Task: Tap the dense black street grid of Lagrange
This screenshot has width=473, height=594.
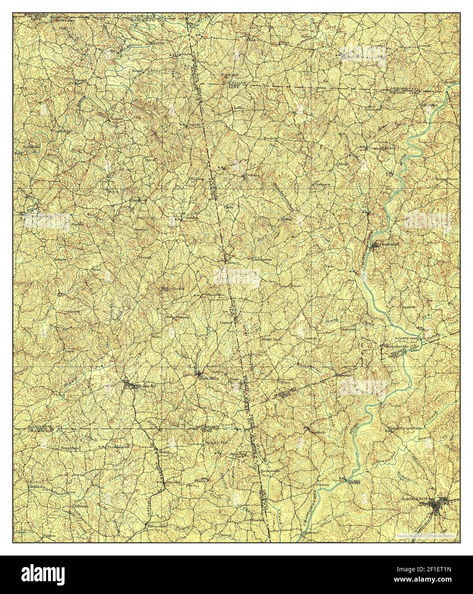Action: (x=437, y=506)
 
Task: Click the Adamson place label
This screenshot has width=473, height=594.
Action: (x=263, y=259)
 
